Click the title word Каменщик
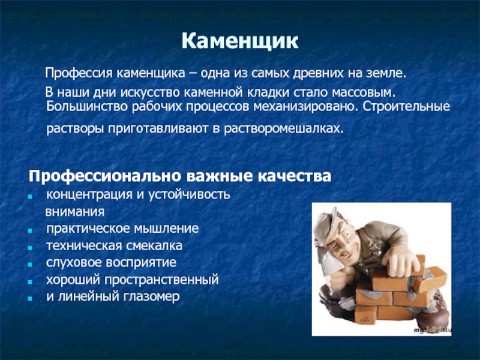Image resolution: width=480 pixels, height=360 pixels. [240, 41]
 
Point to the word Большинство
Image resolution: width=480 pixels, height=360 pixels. [87, 107]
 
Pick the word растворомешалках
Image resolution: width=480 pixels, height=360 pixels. [284, 128]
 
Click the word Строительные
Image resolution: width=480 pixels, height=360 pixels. [407, 107]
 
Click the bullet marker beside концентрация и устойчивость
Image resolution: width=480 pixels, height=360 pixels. [30, 197]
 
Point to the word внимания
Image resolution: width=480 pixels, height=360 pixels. [75, 212]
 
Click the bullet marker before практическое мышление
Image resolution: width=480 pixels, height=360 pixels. [30, 231]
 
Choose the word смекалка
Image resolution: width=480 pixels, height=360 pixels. [154, 245]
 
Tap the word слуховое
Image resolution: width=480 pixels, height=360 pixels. [73, 263]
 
